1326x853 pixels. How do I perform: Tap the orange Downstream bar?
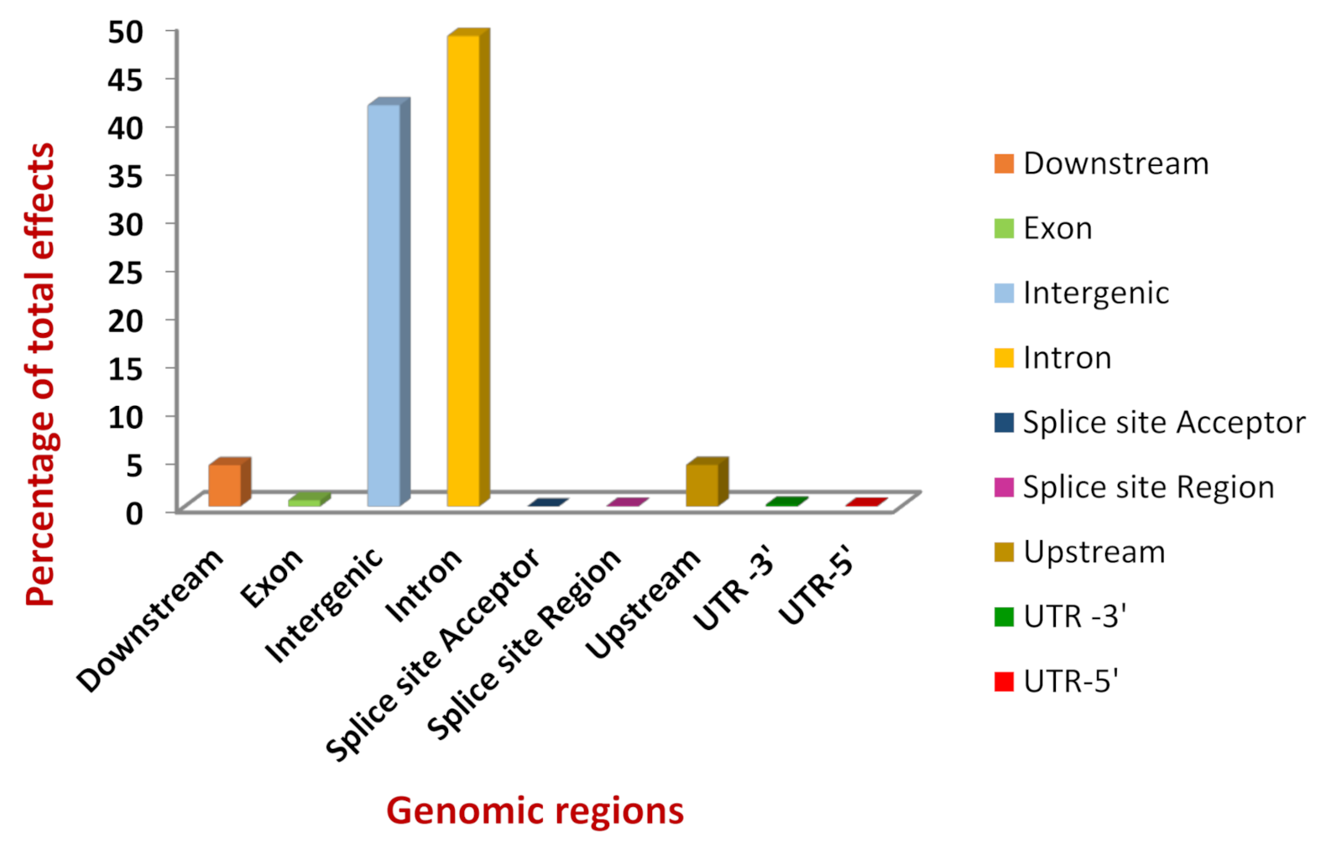tap(225, 485)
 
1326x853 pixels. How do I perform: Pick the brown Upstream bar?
tap(702, 485)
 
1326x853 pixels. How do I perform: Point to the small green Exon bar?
tap(305, 502)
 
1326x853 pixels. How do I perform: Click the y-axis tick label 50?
tap(126, 32)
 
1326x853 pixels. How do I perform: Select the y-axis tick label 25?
tap(126, 272)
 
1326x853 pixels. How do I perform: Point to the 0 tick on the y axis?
tap(134, 512)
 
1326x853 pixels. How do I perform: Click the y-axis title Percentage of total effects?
tap(40, 373)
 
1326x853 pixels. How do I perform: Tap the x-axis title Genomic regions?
tap(535, 811)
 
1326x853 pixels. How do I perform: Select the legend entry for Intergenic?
tap(1095, 293)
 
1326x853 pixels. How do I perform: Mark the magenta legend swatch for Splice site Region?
tap(1004, 487)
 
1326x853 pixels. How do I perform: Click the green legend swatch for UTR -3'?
tap(1004, 617)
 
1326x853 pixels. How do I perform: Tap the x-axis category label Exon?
tap(272, 576)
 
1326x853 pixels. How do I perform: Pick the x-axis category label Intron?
tap(424, 584)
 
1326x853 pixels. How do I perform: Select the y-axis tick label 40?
tap(126, 127)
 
